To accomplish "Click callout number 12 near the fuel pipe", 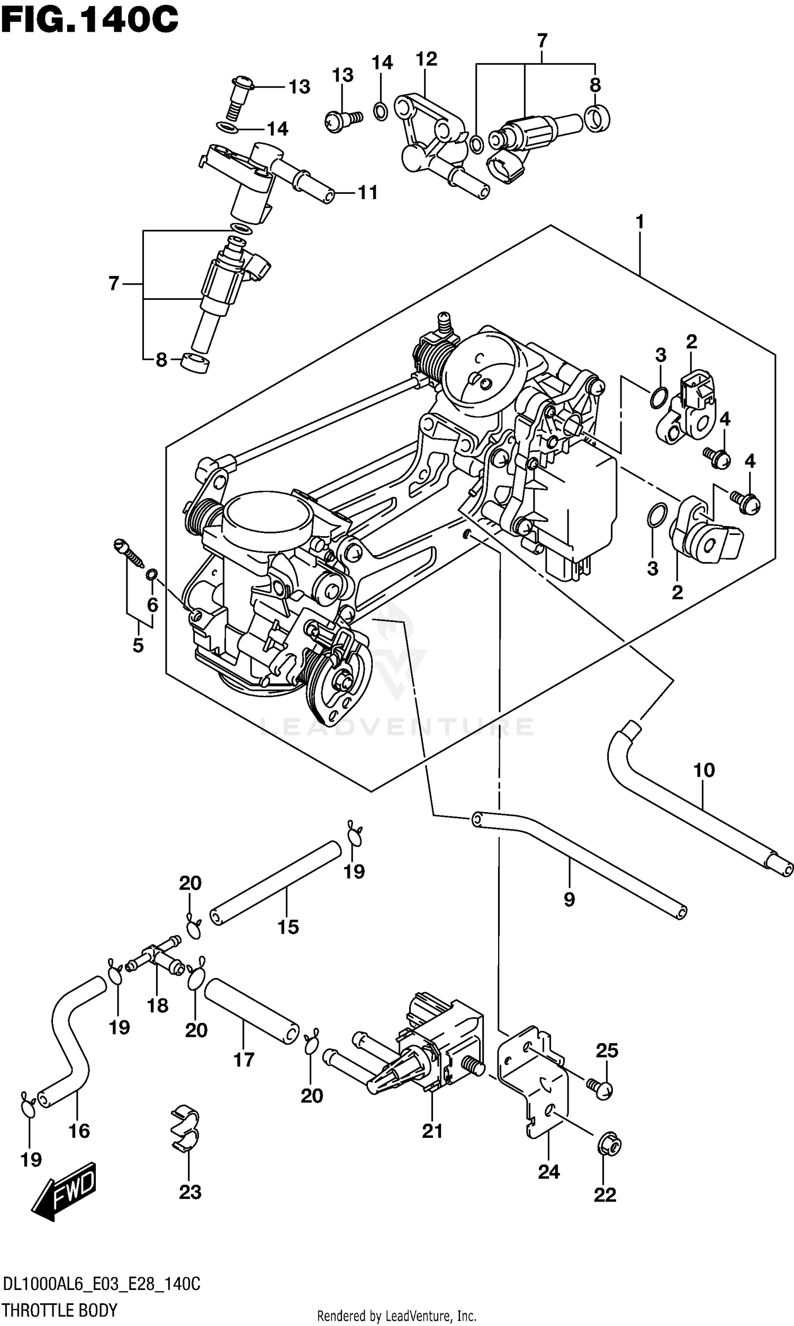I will point(426,59).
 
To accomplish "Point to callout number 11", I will point(367,192).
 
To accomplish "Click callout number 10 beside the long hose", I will point(703,770).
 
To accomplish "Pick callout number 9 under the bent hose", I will point(569,899).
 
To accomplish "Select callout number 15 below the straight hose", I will point(287,927).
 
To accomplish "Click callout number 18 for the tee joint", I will point(157,1005).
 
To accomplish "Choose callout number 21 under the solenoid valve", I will point(432,1131).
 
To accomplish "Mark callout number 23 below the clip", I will point(190,1192).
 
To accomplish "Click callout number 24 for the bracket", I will point(548,1172).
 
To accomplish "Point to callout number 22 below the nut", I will point(604,1194).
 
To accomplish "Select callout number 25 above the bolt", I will point(607,1051).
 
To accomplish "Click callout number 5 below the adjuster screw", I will point(138,645).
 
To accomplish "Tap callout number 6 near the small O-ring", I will point(152,605).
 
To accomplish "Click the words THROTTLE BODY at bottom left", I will point(60,1310).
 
